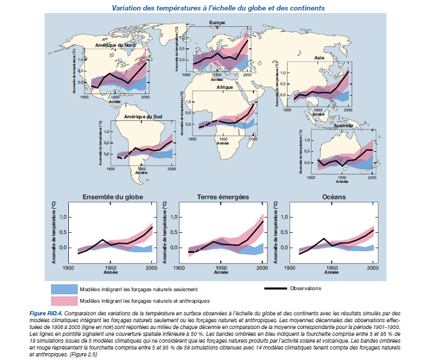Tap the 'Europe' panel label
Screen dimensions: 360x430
(x=217, y=22)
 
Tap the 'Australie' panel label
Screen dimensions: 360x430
(x=342, y=125)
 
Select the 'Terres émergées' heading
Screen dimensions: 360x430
(x=223, y=197)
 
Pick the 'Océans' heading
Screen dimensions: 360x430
(x=333, y=197)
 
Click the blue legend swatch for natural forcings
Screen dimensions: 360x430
(x=63, y=289)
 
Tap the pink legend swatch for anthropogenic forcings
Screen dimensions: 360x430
(x=63, y=300)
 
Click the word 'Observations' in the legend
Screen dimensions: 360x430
(x=306, y=288)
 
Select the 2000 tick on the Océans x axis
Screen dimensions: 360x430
(x=373, y=268)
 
